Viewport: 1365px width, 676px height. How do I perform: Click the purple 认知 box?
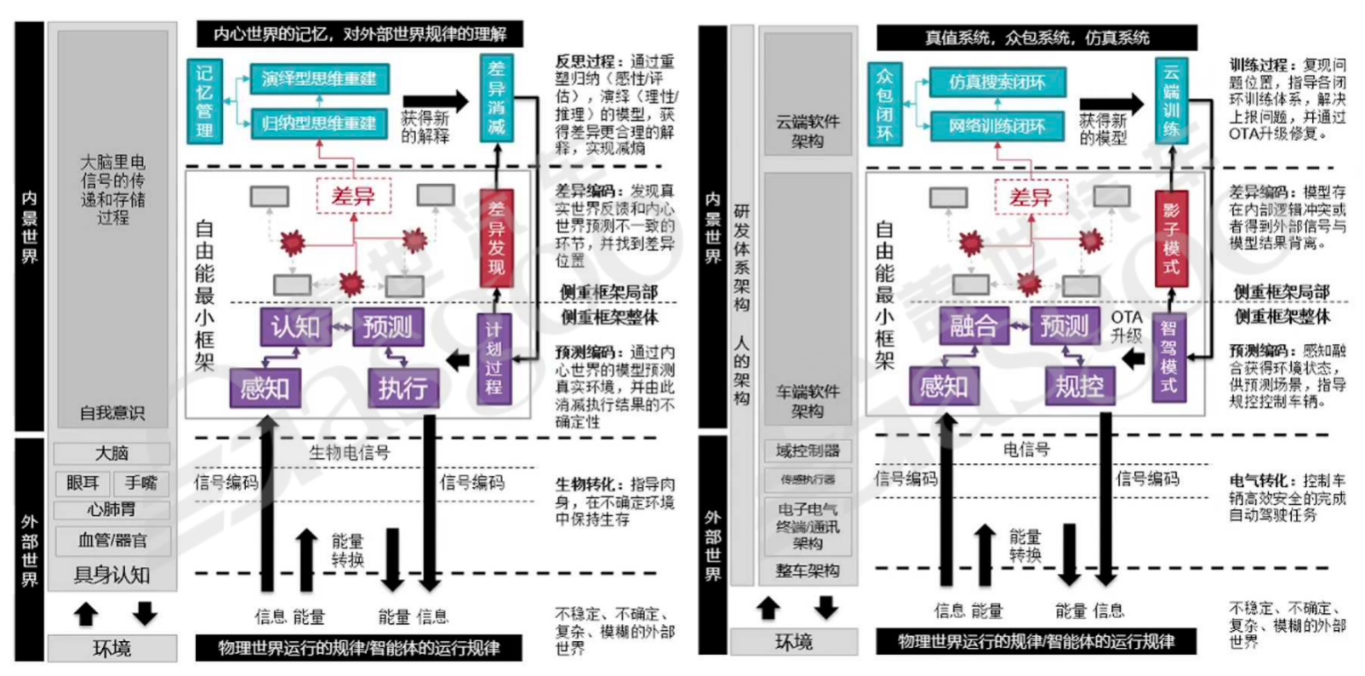294,327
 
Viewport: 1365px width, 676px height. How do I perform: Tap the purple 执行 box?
403,388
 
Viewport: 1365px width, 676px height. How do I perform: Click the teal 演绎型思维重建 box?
319,79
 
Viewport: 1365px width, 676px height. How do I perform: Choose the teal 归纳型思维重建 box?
319,123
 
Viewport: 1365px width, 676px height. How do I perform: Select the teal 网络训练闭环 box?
997,126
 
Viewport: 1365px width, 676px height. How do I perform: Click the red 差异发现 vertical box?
496,238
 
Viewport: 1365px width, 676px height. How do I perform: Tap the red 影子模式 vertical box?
1171,238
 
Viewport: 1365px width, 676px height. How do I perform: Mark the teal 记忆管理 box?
204,101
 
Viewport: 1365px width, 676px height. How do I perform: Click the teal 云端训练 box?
1171,101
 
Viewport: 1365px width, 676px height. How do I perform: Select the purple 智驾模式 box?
1169,357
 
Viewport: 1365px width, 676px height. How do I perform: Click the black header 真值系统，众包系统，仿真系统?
1037,37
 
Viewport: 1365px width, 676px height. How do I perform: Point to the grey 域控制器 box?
807,450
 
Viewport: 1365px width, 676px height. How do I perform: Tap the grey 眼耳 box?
83,484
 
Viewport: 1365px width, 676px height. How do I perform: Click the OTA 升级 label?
1126,326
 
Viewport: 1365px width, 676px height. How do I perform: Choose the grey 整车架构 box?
807,571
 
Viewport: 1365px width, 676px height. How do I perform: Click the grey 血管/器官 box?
112,540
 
